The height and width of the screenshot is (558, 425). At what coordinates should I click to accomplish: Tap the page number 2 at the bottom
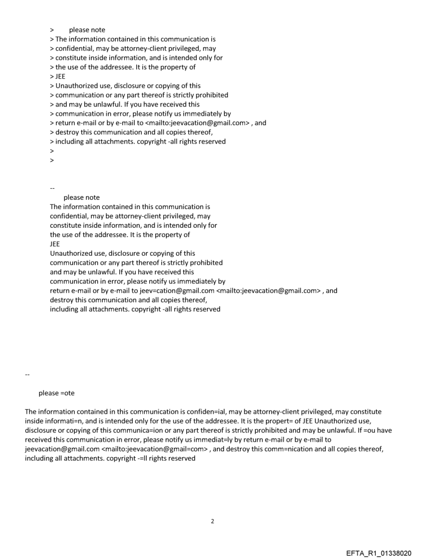pos(213,521)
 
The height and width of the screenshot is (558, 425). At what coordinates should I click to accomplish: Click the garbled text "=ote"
pos(66,393)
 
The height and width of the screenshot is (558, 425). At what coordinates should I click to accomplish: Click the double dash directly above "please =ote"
pos(28,374)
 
